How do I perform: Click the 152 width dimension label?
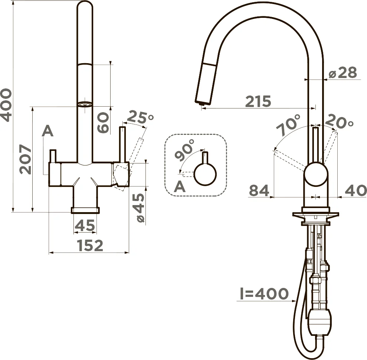pos(90,246)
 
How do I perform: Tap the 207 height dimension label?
pos(26,159)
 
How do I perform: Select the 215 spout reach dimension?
pos(258,101)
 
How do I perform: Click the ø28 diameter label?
pos(343,72)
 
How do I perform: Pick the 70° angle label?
pos(288,125)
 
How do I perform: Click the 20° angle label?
pos(339,121)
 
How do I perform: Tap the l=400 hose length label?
pos(264,293)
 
